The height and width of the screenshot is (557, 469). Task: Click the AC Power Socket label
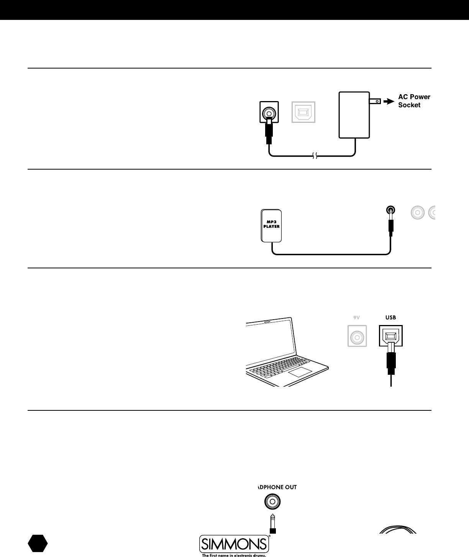[414, 101]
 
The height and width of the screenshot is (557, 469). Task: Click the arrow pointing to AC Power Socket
[388, 101]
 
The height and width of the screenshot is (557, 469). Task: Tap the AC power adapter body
[354, 114]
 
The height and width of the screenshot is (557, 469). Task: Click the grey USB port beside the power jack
[303, 112]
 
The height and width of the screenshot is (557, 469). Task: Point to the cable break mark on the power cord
[314, 156]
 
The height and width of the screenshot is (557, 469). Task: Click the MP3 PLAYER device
[271, 225]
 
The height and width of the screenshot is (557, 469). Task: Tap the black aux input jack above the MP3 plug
[390, 210]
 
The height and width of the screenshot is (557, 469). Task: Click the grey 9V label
[357, 317]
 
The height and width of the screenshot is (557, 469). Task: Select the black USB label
[390, 317]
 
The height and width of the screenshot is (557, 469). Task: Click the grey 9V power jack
[357, 336]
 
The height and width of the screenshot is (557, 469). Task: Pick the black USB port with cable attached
[390, 336]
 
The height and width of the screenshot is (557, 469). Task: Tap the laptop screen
[271, 341]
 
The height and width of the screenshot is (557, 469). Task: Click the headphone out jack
[272, 501]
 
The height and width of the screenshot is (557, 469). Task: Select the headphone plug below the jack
[272, 524]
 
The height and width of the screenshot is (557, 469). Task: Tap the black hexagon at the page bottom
[38, 544]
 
